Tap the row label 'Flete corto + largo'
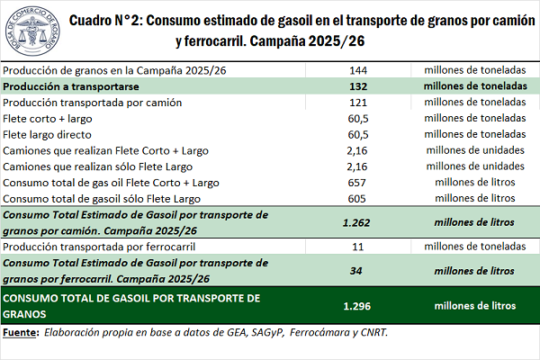coord(53,119)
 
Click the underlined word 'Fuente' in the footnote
coord(21,332)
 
